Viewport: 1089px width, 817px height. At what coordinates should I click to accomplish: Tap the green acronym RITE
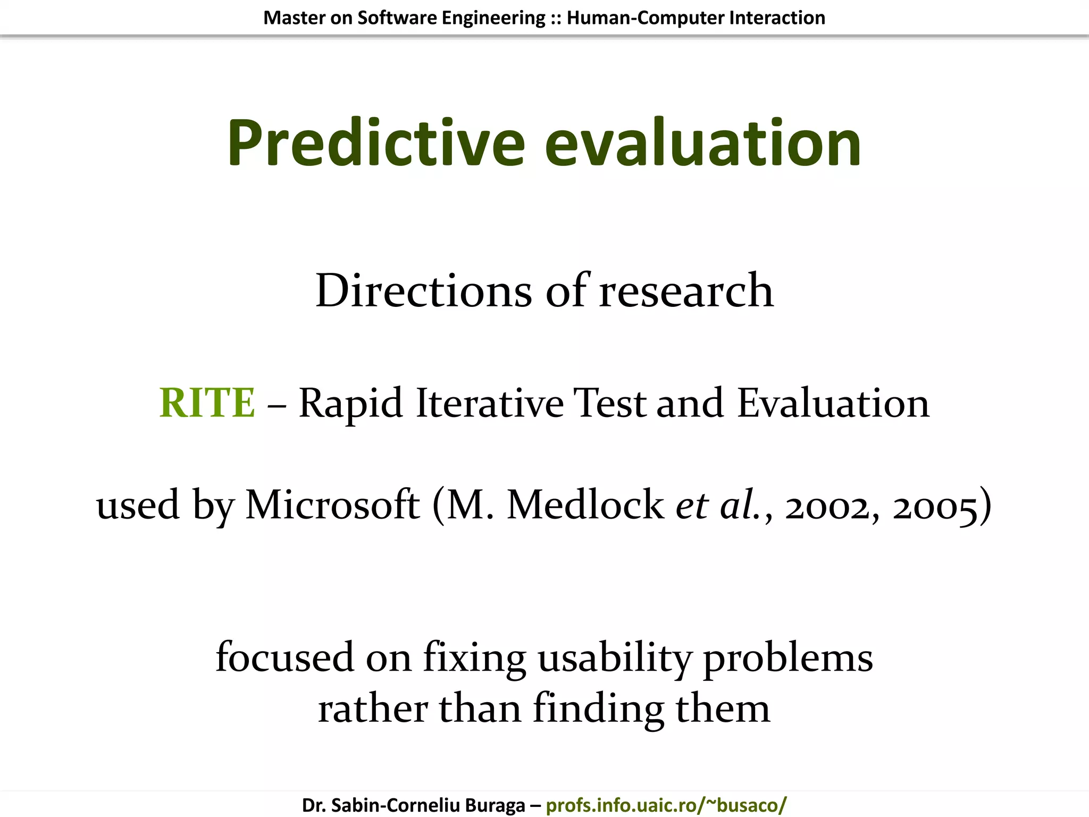click(207, 403)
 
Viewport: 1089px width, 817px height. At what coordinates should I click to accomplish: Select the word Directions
click(423, 291)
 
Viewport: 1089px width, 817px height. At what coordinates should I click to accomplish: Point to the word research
click(686, 291)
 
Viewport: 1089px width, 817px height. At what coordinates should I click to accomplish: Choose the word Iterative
click(489, 403)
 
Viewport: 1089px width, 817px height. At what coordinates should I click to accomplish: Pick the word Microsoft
click(332, 505)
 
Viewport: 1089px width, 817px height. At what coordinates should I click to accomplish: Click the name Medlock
click(585, 505)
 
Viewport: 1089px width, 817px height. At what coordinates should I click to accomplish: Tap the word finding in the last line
click(598, 710)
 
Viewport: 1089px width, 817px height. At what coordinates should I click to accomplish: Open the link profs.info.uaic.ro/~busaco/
click(666, 805)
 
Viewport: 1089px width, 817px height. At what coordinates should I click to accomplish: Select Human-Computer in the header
click(645, 18)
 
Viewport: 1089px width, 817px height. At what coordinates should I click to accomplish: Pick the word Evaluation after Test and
click(833, 403)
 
